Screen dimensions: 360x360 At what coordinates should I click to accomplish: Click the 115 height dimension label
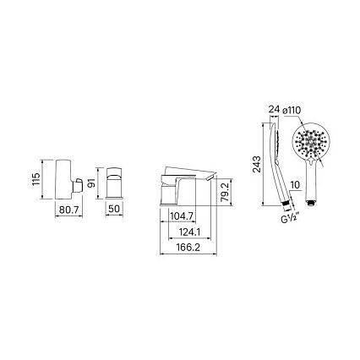point(36,179)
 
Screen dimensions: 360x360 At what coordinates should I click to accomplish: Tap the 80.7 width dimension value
point(68,210)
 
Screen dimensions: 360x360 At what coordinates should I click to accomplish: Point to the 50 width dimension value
point(114,209)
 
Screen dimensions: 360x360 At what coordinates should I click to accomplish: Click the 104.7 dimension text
point(182,216)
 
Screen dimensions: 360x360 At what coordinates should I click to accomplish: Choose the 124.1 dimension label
point(189,232)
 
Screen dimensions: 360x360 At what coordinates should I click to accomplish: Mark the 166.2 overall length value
point(188,248)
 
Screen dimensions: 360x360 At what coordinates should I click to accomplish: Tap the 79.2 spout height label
point(225,192)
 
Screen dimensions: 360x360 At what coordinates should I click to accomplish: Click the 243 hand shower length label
point(257,164)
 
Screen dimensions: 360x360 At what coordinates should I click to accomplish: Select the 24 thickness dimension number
point(273,109)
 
